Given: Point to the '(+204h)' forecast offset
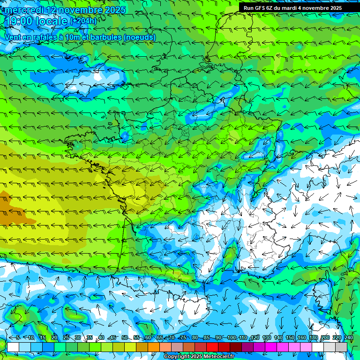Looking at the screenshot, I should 83,21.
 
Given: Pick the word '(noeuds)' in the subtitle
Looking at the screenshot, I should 139,37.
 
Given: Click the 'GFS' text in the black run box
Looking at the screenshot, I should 262,8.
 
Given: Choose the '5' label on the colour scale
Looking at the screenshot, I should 18,338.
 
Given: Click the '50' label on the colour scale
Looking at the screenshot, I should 124,338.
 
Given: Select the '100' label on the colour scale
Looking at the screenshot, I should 231,338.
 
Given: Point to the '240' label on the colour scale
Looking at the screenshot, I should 349,338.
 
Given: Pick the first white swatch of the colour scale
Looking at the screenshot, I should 13,347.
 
